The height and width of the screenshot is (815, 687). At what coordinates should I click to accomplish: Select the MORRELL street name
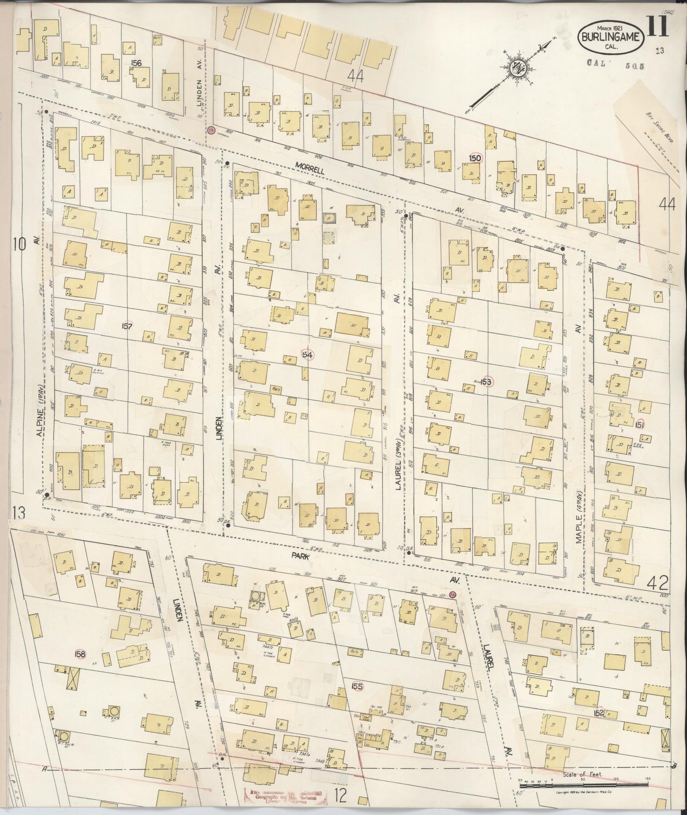(x=309, y=165)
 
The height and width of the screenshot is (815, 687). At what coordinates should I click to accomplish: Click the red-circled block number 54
(x=308, y=355)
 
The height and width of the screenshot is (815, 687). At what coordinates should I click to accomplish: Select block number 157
(x=126, y=326)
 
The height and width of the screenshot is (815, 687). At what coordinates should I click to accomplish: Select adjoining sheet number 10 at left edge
(x=19, y=245)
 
